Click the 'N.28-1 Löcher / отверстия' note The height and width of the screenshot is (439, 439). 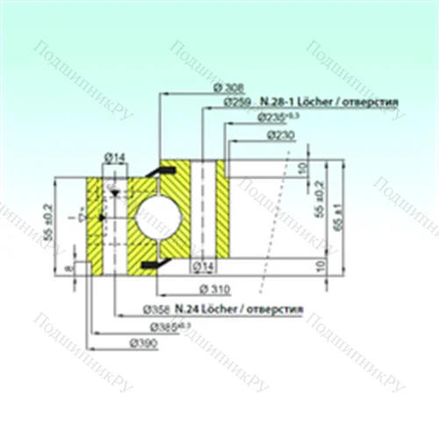(x=329, y=102)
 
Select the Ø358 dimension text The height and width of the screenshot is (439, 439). (x=155, y=310)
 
